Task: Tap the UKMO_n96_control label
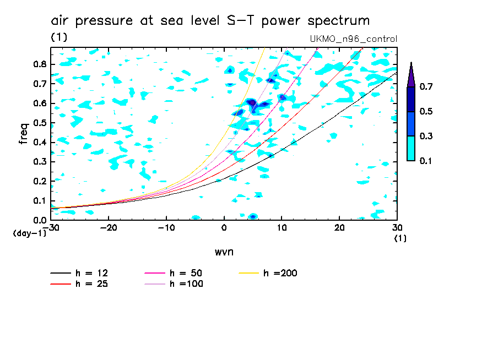click(354, 39)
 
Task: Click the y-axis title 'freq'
click(23, 133)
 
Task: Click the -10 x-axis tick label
click(166, 227)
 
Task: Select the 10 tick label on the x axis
click(282, 227)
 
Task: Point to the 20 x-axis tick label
click(339, 227)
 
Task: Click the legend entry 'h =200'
click(280, 273)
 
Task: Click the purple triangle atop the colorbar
click(410, 75)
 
